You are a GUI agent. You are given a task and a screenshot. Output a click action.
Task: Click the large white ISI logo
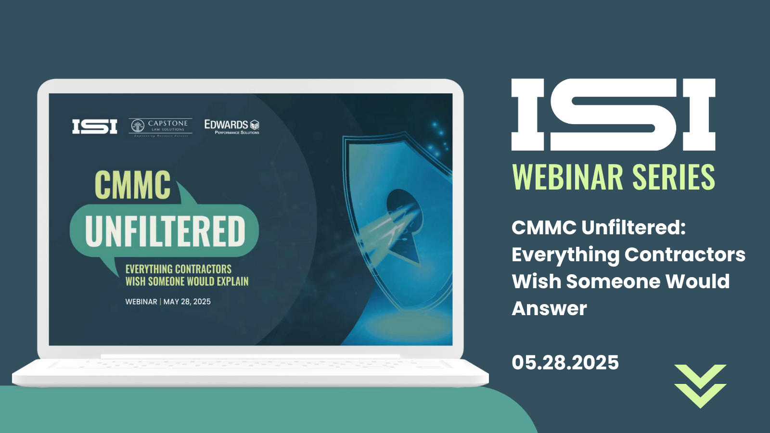coord(613,115)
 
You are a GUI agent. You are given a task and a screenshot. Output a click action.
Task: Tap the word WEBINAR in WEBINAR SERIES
coord(568,178)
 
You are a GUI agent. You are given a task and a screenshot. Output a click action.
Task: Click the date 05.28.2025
coord(565,362)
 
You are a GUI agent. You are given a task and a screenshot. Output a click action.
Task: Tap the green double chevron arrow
coord(700,386)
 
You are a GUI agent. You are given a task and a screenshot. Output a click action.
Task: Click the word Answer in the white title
coord(549,308)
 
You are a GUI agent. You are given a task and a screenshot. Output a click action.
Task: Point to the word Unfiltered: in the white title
coord(633,227)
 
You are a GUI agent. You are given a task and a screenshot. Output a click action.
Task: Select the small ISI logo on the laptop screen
coord(95,127)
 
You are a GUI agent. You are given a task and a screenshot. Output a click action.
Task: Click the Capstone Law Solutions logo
coord(161,126)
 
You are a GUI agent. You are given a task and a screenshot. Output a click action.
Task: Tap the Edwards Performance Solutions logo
coord(232,126)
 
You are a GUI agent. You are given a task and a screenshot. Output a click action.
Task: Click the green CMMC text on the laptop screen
coord(132,185)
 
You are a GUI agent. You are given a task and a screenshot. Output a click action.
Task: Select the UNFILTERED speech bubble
coord(165,231)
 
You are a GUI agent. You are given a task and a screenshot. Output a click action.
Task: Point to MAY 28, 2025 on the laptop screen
coord(187,302)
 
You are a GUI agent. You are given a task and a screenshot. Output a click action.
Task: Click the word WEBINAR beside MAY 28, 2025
coord(141,302)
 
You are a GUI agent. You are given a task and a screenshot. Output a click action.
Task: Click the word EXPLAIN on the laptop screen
coord(232,281)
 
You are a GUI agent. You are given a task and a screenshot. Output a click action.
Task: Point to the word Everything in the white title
coord(565,255)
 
